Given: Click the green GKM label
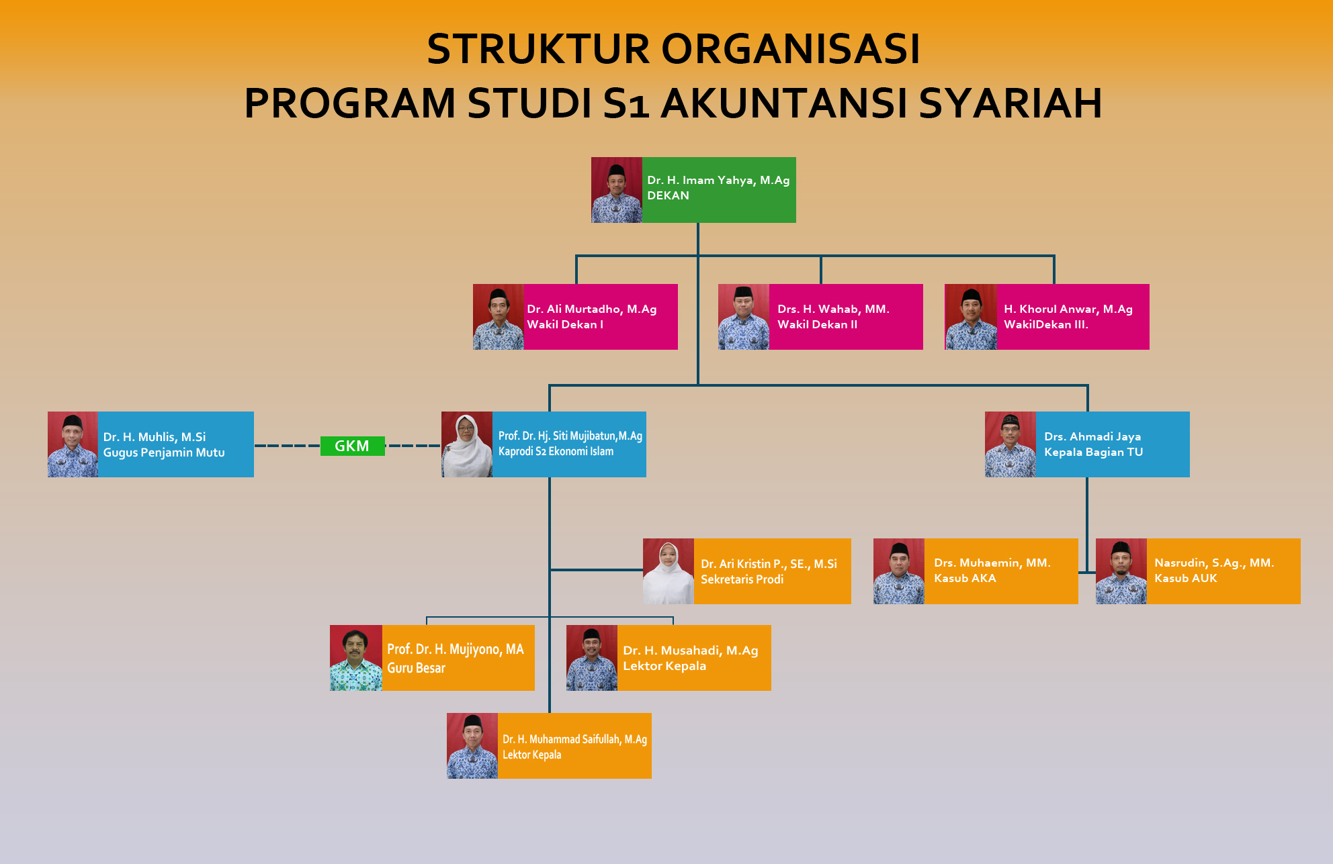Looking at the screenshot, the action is click(x=352, y=446).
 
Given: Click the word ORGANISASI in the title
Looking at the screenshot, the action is click(x=791, y=49).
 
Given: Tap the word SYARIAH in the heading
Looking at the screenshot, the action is click(x=1010, y=103).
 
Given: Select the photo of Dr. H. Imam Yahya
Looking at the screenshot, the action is click(x=617, y=190).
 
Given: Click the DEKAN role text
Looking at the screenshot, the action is click(x=668, y=195).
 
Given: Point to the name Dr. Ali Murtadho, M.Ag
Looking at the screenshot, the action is click(x=591, y=309).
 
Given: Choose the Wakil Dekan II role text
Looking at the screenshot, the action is click(x=817, y=324).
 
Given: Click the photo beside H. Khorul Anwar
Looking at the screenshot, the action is click(x=971, y=317).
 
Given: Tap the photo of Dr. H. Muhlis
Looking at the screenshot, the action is click(x=73, y=444).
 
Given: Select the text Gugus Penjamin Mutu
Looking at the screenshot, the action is click(x=164, y=452).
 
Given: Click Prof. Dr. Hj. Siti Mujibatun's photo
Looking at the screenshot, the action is click(x=467, y=444).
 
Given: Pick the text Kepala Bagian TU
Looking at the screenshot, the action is click(x=1093, y=452).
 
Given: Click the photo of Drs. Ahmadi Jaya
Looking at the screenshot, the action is click(x=1010, y=444).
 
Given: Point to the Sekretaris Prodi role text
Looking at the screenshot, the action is click(x=742, y=579).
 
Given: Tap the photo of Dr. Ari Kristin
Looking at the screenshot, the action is click(x=669, y=571).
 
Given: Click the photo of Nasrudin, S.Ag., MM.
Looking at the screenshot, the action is click(x=1121, y=571).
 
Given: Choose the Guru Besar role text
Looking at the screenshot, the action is click(x=416, y=668).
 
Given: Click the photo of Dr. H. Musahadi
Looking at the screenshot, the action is click(x=592, y=658).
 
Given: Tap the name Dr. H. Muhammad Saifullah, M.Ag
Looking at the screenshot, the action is click(x=574, y=739).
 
